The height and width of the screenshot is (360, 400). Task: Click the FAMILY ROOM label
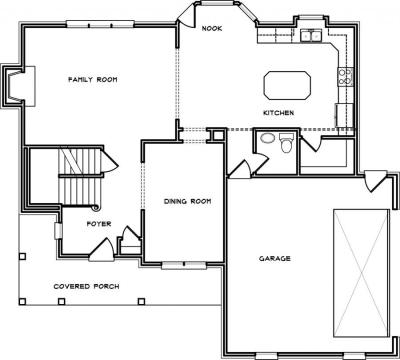tap(93, 80)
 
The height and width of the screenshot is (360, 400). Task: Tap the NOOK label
tap(212, 29)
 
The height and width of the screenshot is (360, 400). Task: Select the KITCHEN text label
tap(279, 113)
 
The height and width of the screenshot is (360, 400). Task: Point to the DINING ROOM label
tap(187, 201)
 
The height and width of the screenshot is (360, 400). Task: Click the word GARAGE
tap(275, 258)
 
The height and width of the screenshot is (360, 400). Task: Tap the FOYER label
tap(99, 224)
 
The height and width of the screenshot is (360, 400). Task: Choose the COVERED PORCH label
tap(86, 286)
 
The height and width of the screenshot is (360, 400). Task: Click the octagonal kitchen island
tap(287, 85)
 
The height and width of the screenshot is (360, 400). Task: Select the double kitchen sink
tap(311, 35)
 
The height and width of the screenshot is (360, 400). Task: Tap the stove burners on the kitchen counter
tap(345, 76)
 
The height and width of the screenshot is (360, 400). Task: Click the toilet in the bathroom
tap(286, 143)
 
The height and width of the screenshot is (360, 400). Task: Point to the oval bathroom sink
tap(267, 138)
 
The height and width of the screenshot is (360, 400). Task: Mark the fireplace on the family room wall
tap(19, 86)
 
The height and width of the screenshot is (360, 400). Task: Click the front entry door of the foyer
tap(102, 250)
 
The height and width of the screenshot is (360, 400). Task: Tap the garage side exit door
tap(376, 181)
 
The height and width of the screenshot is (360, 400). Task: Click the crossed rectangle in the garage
tap(361, 273)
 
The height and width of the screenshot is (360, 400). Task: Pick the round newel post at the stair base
tap(96, 208)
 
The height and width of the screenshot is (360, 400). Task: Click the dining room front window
tap(184, 265)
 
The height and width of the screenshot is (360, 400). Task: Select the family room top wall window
tap(100, 24)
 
